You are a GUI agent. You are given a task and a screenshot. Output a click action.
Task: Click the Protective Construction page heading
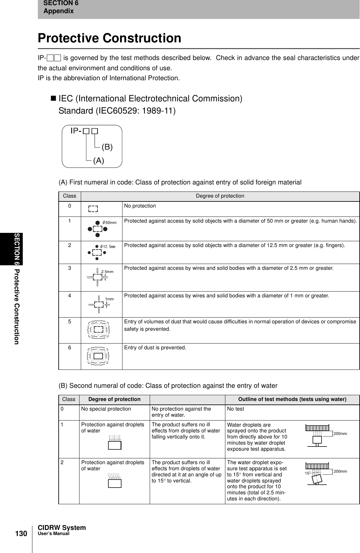tap(109, 38)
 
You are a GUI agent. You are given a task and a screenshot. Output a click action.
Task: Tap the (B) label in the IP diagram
tap(107, 147)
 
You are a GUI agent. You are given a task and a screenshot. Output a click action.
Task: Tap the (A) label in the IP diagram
tap(98, 161)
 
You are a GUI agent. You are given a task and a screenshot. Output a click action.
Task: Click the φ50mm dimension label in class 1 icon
tap(109, 222)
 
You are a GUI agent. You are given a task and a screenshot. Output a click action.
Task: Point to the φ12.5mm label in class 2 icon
tap(108, 246)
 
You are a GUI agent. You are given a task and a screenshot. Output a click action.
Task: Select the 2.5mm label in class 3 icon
tap(107, 271)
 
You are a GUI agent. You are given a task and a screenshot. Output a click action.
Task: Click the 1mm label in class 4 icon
tap(110, 299)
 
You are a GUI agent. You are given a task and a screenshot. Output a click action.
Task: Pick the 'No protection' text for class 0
tap(140, 206)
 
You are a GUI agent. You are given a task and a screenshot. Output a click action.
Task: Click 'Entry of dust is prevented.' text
tap(155, 348)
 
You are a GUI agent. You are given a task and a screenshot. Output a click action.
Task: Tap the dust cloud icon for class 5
tap(98, 329)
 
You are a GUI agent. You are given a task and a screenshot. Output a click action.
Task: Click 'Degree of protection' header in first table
tap(220, 196)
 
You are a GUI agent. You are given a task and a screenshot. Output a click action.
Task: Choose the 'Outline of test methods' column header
tap(292, 399)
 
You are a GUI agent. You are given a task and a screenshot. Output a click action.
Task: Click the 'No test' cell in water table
tap(235, 409)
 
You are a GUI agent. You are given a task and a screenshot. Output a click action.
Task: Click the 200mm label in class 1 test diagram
tap(340, 433)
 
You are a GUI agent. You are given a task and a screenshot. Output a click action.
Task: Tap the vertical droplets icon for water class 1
tap(114, 442)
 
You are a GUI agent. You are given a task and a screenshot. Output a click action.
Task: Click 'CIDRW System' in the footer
tap(62, 528)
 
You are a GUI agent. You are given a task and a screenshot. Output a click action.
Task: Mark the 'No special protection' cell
tap(106, 409)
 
